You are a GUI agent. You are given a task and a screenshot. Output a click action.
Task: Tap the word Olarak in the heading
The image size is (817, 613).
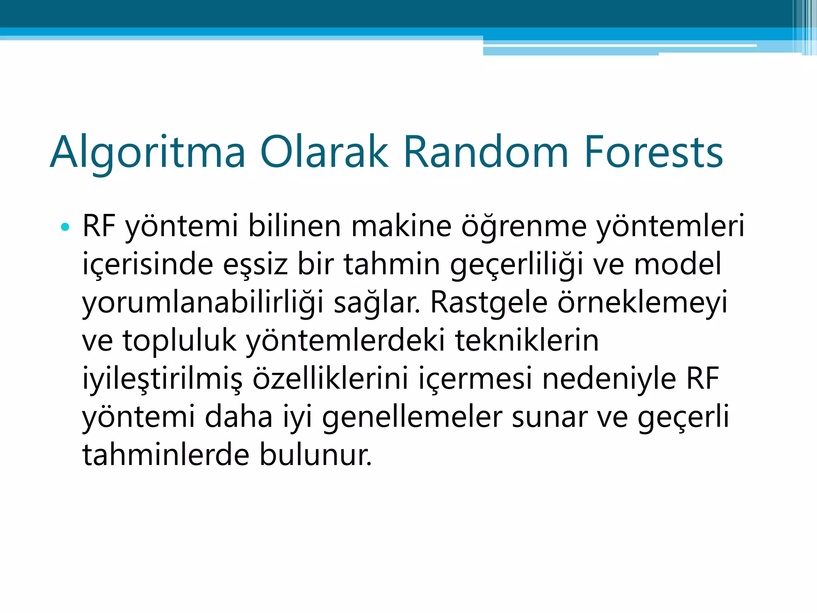pos(324,152)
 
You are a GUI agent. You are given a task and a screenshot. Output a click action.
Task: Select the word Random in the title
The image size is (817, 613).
pos(486,152)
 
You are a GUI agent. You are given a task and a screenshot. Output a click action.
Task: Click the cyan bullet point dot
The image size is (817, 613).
pos(65,227)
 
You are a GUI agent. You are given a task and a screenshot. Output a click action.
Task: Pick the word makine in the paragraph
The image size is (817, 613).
pos(401,226)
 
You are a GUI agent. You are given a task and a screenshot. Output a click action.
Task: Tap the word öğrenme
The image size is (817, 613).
pos(524,227)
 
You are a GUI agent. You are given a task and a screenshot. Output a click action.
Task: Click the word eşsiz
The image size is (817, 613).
pos(255,264)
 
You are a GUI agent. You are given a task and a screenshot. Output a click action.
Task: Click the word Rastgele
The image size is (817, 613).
pos(489,303)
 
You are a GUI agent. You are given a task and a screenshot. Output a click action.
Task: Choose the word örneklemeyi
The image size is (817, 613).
pos(642,303)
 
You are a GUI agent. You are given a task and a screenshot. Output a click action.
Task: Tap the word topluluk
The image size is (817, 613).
pos(179,341)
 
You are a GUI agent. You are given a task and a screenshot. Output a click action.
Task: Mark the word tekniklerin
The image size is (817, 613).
pos(527,340)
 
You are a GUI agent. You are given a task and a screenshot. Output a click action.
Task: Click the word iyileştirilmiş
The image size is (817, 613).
pos(162,379)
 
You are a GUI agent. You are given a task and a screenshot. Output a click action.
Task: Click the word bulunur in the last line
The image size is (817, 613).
pos(316,455)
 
